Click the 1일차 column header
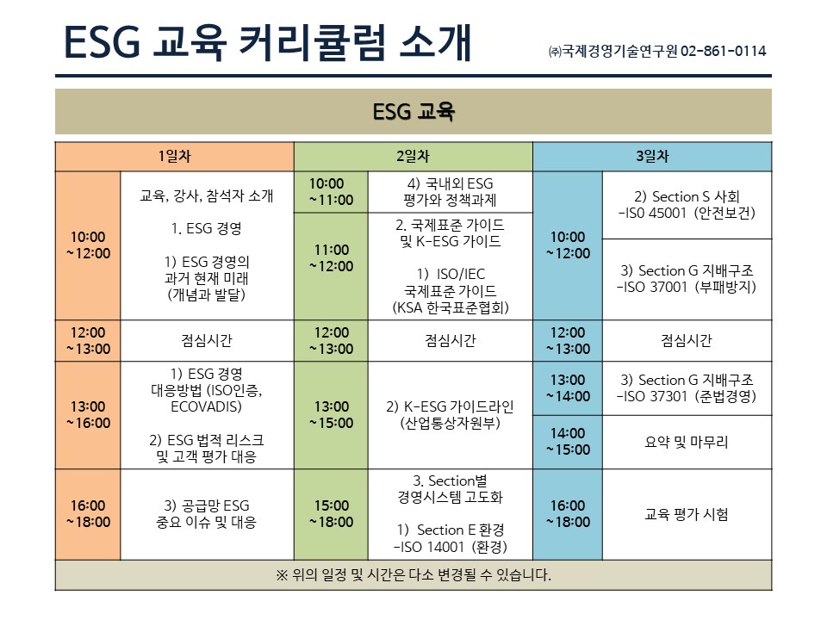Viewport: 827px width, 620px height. tap(175, 156)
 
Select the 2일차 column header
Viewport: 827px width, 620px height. tap(413, 156)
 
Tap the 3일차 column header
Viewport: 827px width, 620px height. tap(652, 156)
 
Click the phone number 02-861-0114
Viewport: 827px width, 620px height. tap(723, 51)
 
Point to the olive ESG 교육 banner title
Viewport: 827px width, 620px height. tap(413, 111)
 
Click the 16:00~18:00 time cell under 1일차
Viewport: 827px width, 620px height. tap(88, 514)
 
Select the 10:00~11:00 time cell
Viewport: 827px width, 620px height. tap(331, 192)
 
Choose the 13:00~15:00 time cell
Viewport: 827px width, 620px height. tap(331, 415)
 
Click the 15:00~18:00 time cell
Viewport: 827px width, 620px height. tap(331, 514)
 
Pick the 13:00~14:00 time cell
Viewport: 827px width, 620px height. tap(568, 388)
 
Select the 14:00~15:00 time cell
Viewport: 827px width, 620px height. tap(568, 442)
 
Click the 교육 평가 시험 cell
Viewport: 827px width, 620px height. tap(687, 514)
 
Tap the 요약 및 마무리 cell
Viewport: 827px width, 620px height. tap(687, 442)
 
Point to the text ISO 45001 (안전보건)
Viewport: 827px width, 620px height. tap(690, 213)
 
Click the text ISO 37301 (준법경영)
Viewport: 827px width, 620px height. tap(690, 396)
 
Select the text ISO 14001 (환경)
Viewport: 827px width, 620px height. tap(454, 547)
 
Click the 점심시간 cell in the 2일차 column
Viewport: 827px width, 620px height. tap(451, 341)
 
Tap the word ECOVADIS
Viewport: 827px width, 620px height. tap(206, 406)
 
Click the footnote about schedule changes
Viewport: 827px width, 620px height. tap(413, 574)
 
